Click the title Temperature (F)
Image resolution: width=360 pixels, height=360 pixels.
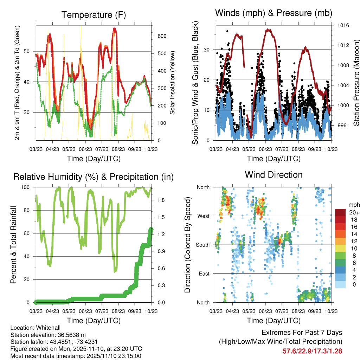click(94, 15)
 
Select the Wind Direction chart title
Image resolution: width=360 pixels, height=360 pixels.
click(274, 175)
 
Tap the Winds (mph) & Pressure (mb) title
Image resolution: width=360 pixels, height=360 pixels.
click(274, 13)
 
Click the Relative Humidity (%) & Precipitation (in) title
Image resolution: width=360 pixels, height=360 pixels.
click(94, 177)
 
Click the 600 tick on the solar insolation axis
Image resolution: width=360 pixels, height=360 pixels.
click(162, 36)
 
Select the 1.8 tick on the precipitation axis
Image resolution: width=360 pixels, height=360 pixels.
click(161, 200)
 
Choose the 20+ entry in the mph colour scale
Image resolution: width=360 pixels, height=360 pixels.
click(353, 212)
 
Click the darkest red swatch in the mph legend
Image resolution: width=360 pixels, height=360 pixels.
click(341, 212)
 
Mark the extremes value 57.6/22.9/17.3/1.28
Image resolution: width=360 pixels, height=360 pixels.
click(312, 351)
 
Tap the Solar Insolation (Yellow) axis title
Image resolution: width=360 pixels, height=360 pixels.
click(172, 83)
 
